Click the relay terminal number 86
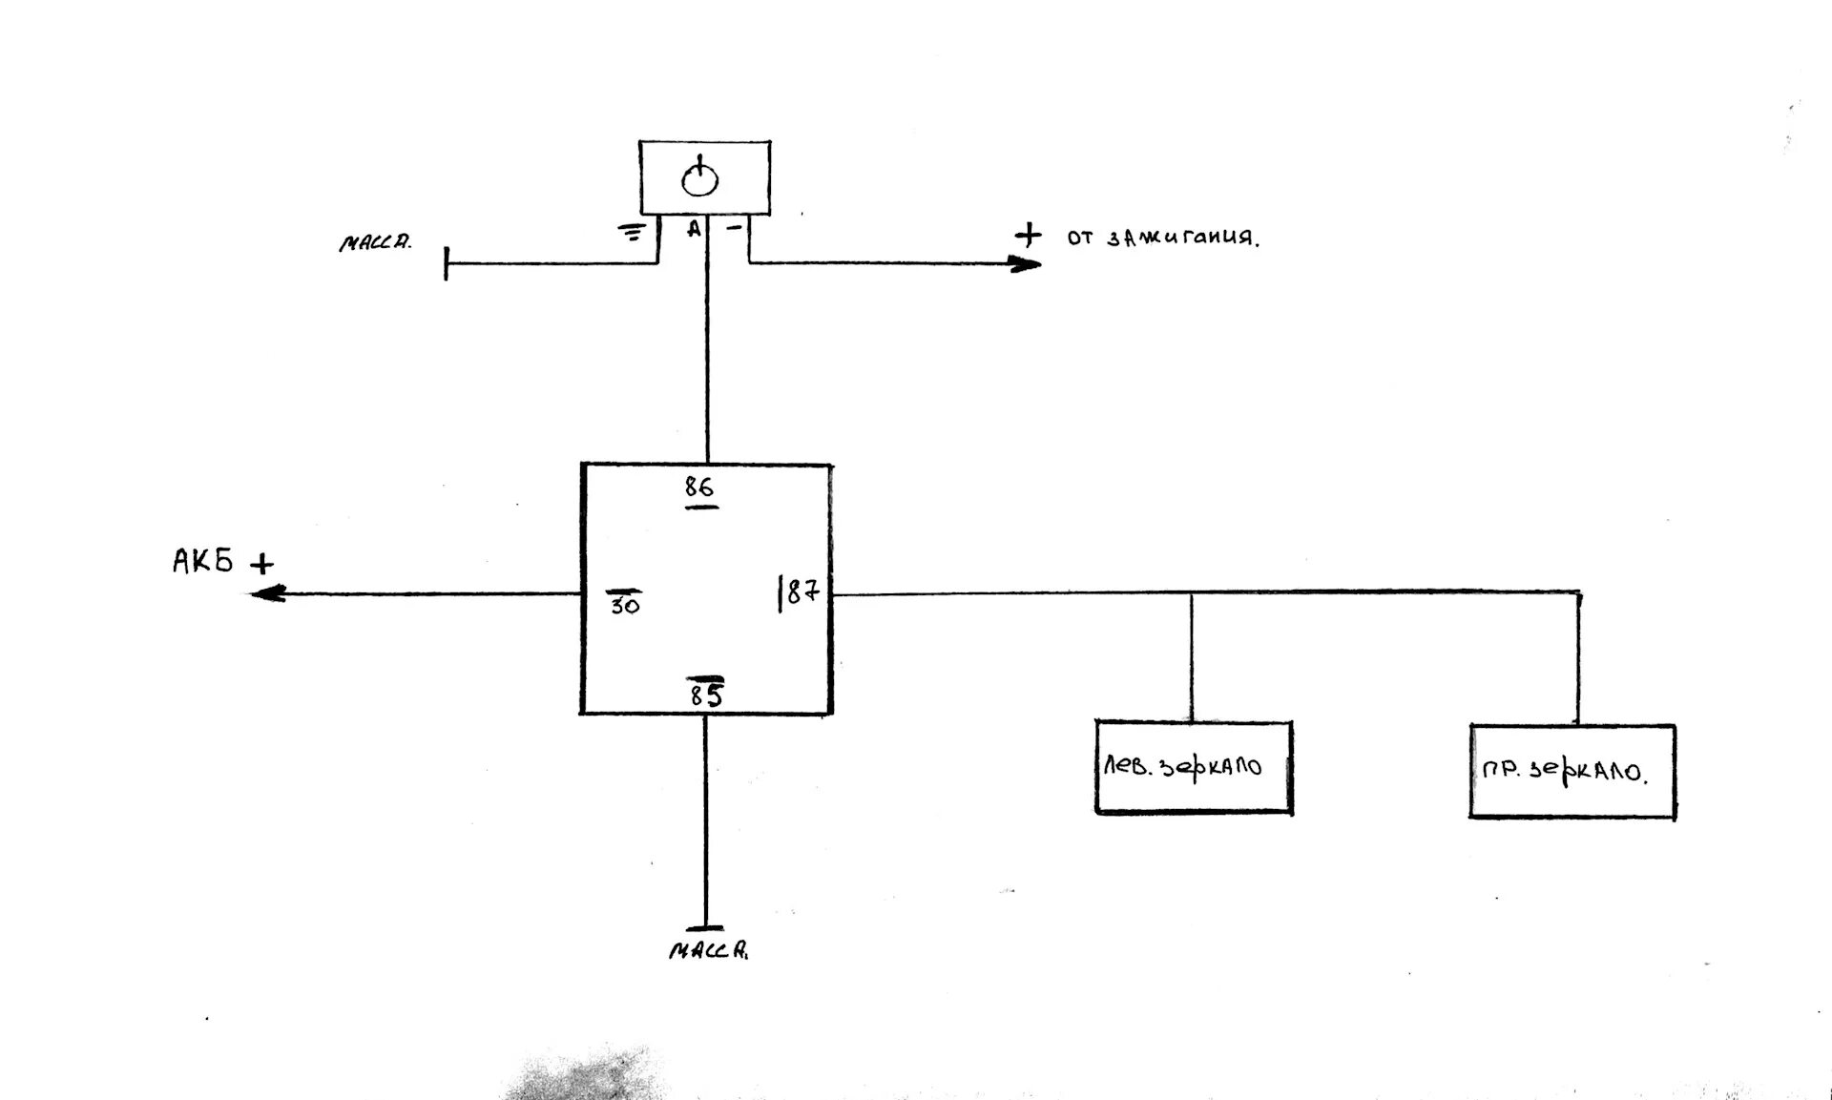click(699, 488)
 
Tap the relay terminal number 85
click(706, 696)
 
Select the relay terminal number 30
click(625, 605)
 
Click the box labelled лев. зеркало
click(1193, 767)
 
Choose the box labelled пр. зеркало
click(1572, 771)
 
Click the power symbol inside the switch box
click(700, 178)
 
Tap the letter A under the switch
click(695, 229)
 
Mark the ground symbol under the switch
click(631, 230)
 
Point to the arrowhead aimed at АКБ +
click(266, 593)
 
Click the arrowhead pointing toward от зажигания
click(1027, 263)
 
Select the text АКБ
click(202, 560)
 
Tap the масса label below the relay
click(708, 950)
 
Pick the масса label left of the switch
click(375, 242)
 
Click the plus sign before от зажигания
click(1028, 234)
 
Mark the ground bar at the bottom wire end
click(705, 927)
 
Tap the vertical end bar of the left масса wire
click(447, 263)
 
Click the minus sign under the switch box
click(734, 228)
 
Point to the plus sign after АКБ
click(261, 565)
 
